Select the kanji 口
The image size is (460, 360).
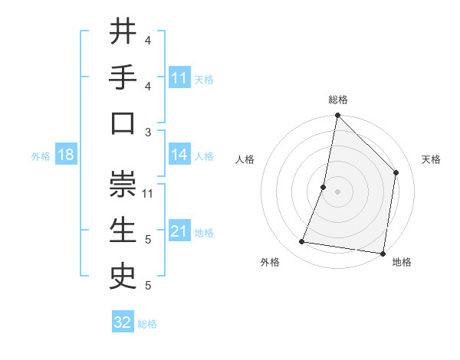(x=123, y=123)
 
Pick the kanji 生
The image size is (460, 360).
(x=123, y=231)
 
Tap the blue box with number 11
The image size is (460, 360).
(x=179, y=78)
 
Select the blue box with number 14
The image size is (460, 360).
(x=179, y=155)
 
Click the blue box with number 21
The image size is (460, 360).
(x=179, y=231)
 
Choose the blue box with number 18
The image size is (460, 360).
(x=65, y=155)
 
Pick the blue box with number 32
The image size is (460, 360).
(x=123, y=322)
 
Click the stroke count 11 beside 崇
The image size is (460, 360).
(x=149, y=193)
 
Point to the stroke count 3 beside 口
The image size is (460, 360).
(x=148, y=132)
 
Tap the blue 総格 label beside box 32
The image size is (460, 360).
(x=147, y=323)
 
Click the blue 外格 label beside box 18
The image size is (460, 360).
(x=41, y=155)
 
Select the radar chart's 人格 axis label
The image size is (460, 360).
(x=245, y=159)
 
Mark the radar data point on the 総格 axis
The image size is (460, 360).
(x=337, y=116)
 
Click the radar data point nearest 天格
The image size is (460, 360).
(x=396, y=172)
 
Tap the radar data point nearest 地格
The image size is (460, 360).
(x=383, y=253)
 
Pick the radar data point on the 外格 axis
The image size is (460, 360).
(x=302, y=242)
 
